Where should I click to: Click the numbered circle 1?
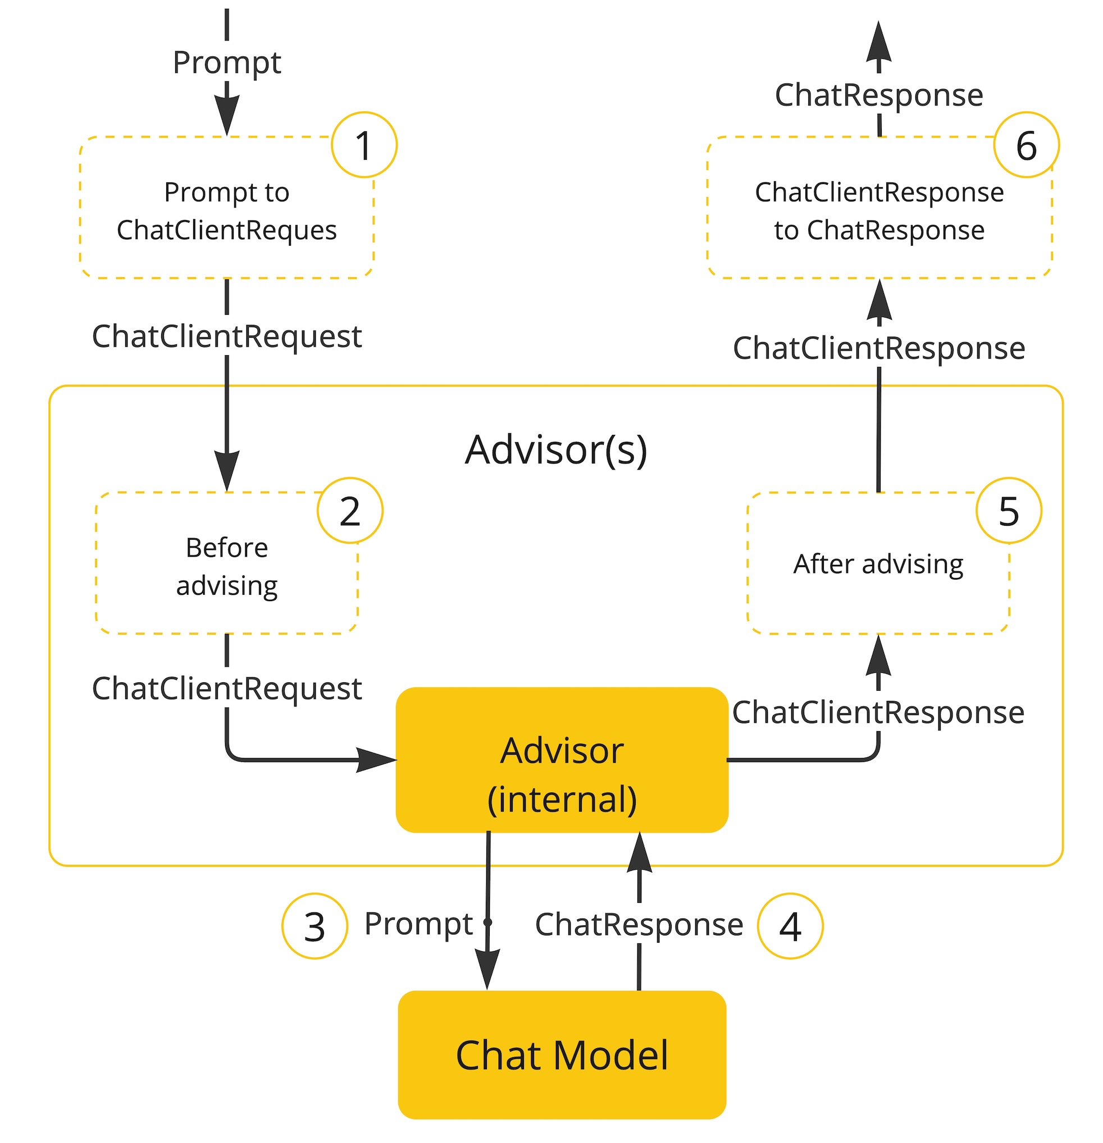pos(363,145)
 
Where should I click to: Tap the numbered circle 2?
pos(349,511)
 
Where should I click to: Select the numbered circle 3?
pos(315,926)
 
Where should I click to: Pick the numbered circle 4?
pos(790,926)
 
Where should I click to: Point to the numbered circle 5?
pos(1009,511)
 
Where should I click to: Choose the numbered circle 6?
pos(1026,145)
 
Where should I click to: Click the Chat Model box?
pos(562,1055)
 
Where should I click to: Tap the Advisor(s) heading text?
pos(555,450)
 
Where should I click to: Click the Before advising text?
pos(226,566)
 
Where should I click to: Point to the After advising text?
pos(878,564)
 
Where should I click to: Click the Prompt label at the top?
pos(226,62)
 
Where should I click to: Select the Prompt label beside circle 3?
pos(418,924)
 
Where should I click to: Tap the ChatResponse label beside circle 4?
pos(639,924)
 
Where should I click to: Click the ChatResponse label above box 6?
pos(878,94)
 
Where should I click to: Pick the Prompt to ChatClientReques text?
pos(226,210)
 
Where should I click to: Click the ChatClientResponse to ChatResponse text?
pos(879,210)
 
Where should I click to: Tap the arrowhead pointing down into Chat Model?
pos(487,969)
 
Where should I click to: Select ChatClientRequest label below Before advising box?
pos(226,688)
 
